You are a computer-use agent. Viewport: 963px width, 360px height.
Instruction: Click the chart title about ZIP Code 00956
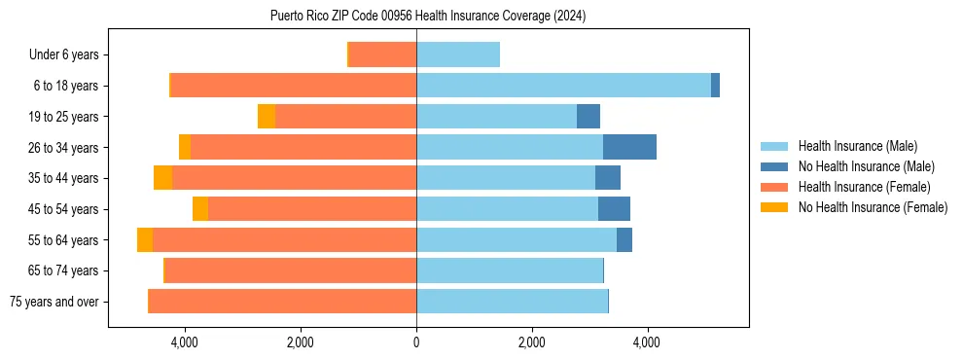click(x=428, y=16)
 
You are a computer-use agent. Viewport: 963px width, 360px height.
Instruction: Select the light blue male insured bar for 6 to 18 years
click(x=563, y=86)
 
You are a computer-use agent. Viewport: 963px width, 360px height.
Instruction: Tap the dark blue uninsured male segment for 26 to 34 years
click(x=629, y=147)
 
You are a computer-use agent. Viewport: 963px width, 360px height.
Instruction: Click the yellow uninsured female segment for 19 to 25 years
click(x=267, y=117)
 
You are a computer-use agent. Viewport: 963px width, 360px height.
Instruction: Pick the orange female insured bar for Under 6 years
click(x=382, y=54)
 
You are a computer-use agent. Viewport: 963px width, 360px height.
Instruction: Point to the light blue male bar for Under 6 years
click(x=458, y=54)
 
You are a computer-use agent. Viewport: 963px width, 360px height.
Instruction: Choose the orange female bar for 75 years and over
click(x=282, y=302)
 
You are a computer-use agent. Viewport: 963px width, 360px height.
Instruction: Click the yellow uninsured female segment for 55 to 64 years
click(x=145, y=240)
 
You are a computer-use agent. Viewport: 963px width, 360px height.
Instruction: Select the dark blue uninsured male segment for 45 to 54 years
click(x=614, y=209)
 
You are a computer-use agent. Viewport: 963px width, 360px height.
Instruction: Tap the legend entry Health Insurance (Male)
click(x=857, y=146)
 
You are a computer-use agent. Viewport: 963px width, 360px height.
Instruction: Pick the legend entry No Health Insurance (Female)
click(x=873, y=207)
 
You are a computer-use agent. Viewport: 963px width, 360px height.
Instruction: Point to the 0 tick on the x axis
click(x=416, y=342)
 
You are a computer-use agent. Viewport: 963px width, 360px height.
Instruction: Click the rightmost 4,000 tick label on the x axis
click(x=647, y=342)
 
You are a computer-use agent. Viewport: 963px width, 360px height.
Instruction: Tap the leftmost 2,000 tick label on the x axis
click(x=301, y=342)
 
